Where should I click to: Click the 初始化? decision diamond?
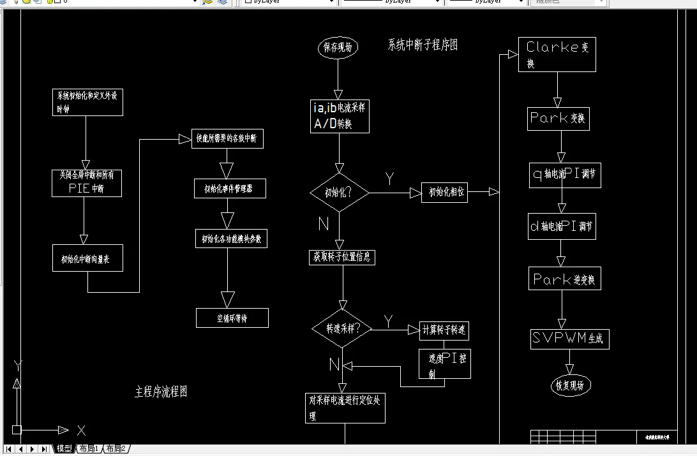(339, 192)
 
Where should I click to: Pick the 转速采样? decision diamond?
(341, 328)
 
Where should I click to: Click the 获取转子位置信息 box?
(341, 257)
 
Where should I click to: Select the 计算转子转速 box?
(445, 330)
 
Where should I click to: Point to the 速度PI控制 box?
(445, 364)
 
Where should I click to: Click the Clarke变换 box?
(557, 54)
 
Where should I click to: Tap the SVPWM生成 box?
(569, 339)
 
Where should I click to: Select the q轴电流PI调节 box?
(562, 173)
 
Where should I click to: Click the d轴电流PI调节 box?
(562, 226)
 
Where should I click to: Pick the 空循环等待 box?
(232, 318)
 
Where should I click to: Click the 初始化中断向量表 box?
(87, 258)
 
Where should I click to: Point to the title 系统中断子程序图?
(423, 45)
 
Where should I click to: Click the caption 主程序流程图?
(161, 392)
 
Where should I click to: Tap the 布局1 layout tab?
(89, 449)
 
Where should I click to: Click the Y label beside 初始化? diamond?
(389, 179)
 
